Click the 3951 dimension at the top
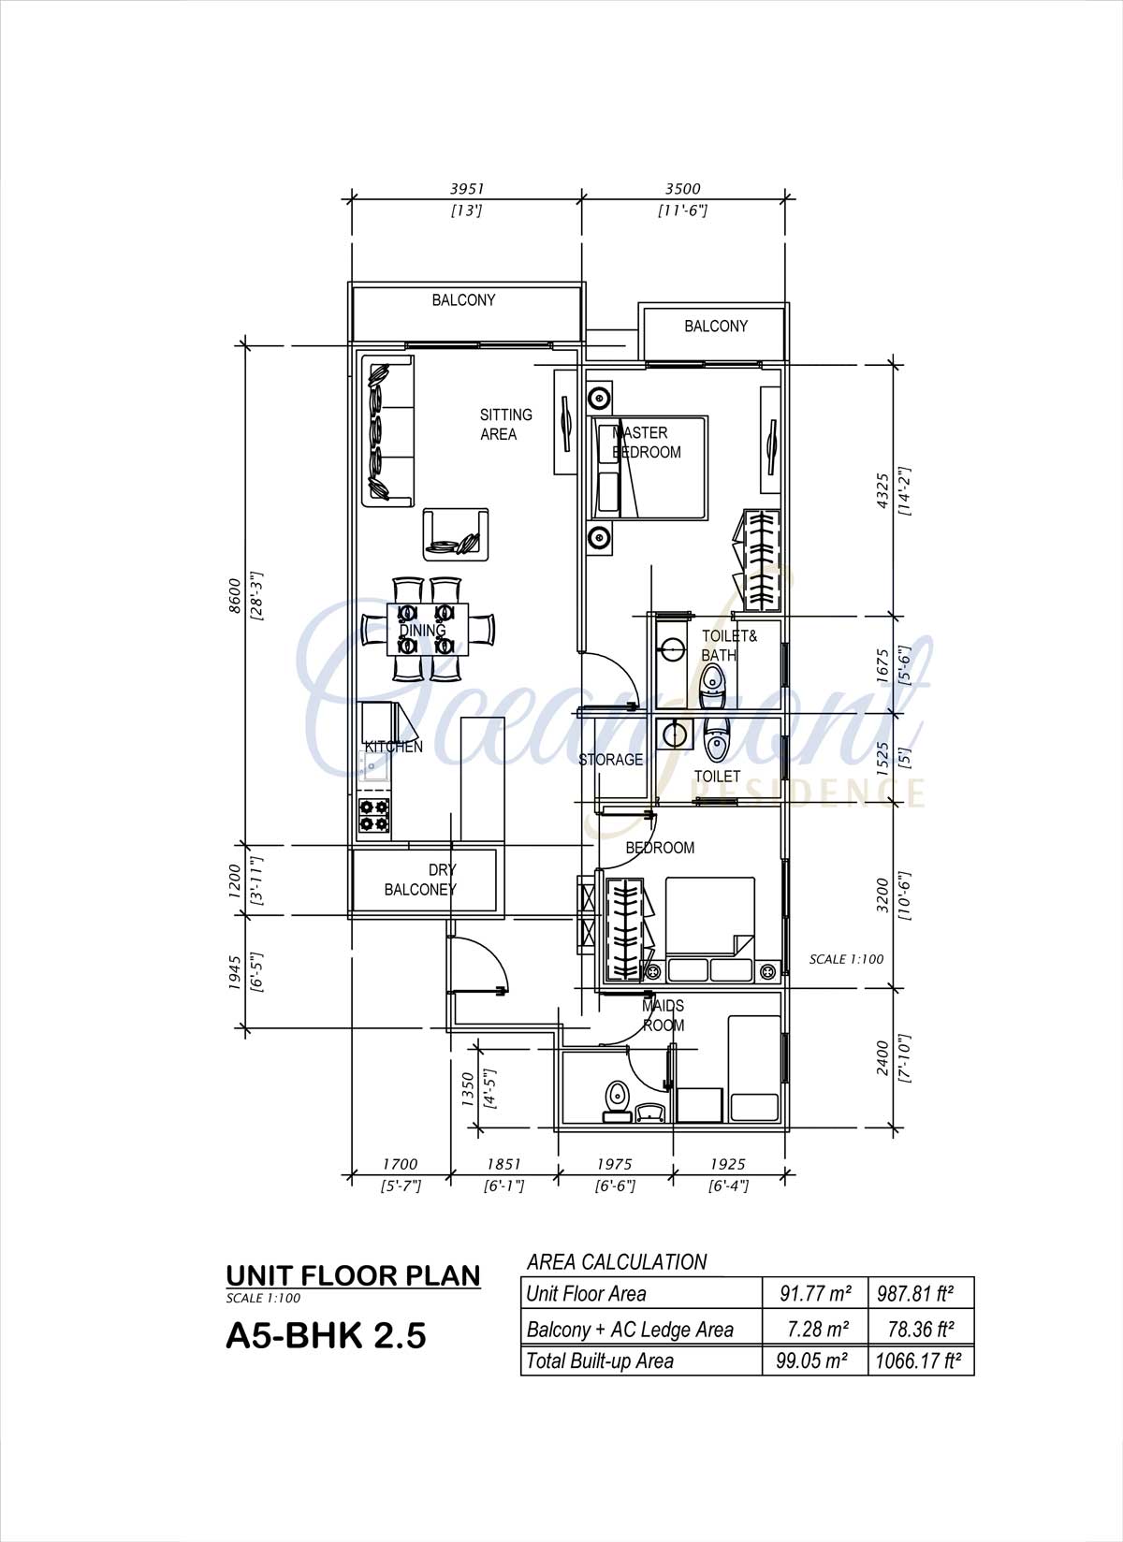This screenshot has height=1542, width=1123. (467, 189)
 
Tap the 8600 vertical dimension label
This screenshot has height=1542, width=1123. (235, 595)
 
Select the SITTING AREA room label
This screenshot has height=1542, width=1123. (506, 424)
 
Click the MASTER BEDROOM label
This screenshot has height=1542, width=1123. (647, 442)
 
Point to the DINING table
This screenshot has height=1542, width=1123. (428, 629)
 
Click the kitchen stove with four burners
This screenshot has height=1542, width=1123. (374, 815)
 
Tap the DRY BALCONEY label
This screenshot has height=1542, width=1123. (421, 880)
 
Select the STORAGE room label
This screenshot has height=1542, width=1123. (611, 759)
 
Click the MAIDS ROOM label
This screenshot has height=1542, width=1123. (664, 1015)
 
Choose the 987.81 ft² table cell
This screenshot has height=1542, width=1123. (916, 1293)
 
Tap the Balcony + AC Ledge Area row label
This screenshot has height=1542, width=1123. (630, 1330)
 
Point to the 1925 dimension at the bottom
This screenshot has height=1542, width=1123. (728, 1164)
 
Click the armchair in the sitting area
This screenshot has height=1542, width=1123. (456, 533)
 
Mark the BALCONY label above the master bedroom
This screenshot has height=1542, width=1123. (716, 326)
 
